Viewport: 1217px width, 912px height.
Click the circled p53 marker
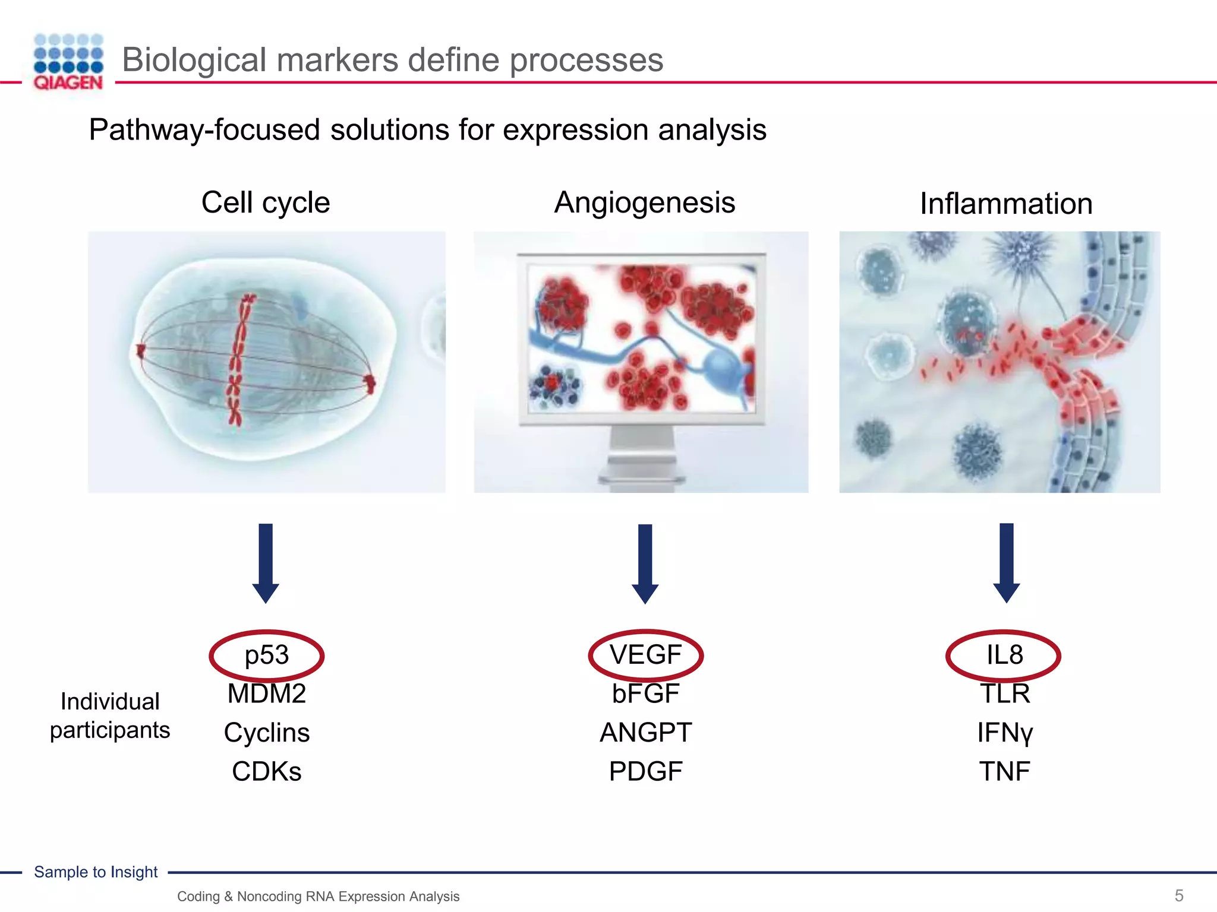[266, 655]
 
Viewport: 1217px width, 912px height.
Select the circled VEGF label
[645, 655]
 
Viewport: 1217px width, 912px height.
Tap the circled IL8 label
[1004, 655]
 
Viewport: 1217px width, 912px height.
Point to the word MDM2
[266, 693]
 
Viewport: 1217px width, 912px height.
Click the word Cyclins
[266, 733]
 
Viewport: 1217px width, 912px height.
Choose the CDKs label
[266, 771]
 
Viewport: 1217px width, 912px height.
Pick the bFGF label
[645, 693]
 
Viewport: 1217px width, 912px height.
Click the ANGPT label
[645, 733]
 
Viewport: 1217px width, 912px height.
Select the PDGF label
[645, 771]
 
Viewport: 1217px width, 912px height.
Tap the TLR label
[1004, 693]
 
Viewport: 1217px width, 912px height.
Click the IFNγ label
[1004, 733]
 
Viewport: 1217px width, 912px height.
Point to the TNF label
[1004, 771]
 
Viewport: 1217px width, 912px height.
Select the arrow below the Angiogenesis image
[645, 563]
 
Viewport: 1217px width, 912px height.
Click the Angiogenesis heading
[645, 202]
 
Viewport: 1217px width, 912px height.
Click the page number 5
[1179, 895]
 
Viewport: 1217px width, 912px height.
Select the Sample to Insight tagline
[96, 872]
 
